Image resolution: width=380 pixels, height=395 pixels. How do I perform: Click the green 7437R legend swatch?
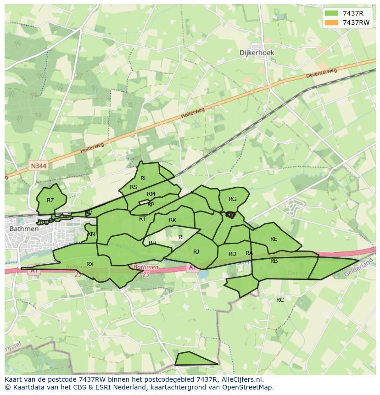(x=330, y=13)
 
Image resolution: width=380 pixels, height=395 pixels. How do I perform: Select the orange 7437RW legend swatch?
(x=330, y=22)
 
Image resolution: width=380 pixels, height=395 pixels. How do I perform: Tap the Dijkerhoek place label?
(x=257, y=53)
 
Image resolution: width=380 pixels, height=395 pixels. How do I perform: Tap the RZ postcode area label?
(x=50, y=200)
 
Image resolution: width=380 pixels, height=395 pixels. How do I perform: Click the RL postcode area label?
(x=144, y=178)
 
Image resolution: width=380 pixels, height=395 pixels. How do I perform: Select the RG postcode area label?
(x=232, y=199)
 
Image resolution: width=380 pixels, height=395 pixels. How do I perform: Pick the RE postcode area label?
(x=274, y=239)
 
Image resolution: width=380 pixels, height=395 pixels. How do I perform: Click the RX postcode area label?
(x=90, y=264)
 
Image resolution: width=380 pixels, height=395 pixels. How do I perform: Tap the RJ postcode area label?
(x=196, y=251)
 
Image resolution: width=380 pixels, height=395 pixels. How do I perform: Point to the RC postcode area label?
(x=280, y=300)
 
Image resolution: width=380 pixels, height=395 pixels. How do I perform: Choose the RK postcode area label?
(x=173, y=220)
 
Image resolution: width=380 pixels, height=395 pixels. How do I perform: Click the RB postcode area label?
(x=274, y=261)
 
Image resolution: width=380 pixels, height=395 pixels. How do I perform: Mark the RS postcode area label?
(x=134, y=187)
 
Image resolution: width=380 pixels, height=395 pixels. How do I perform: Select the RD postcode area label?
(x=232, y=254)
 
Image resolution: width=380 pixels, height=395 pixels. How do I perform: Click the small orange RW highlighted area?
(x=230, y=215)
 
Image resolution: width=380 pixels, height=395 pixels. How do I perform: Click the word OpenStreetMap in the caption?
(x=248, y=387)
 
